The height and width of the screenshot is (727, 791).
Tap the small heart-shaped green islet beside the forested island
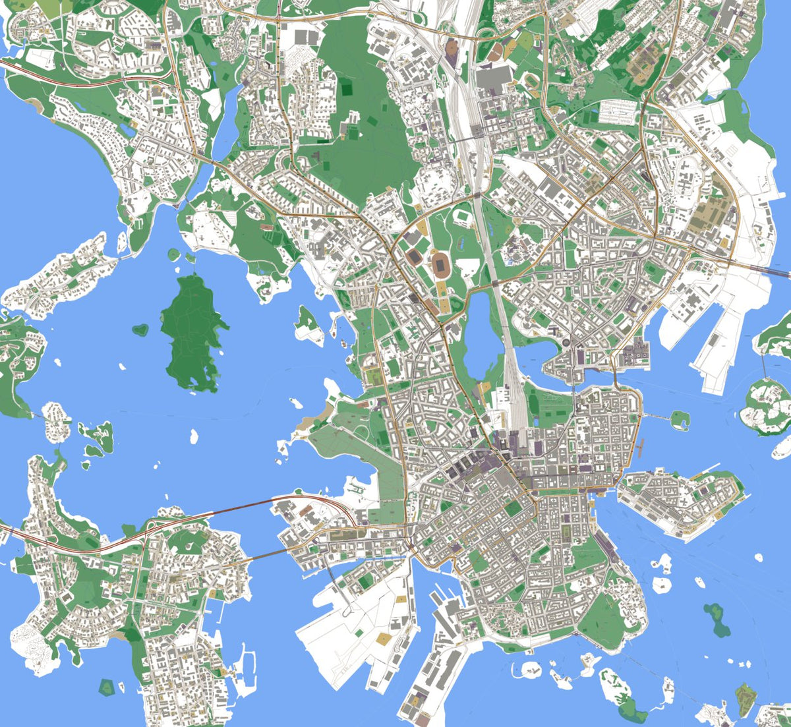pos(140,329)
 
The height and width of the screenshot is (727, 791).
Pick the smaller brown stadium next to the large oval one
pos(415,257)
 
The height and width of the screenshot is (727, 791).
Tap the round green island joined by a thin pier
pos(680,417)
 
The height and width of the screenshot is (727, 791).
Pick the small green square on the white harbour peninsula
pos(358,632)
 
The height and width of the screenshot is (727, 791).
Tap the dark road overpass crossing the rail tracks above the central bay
pos(495,283)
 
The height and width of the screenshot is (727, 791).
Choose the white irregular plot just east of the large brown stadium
pos(467,267)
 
